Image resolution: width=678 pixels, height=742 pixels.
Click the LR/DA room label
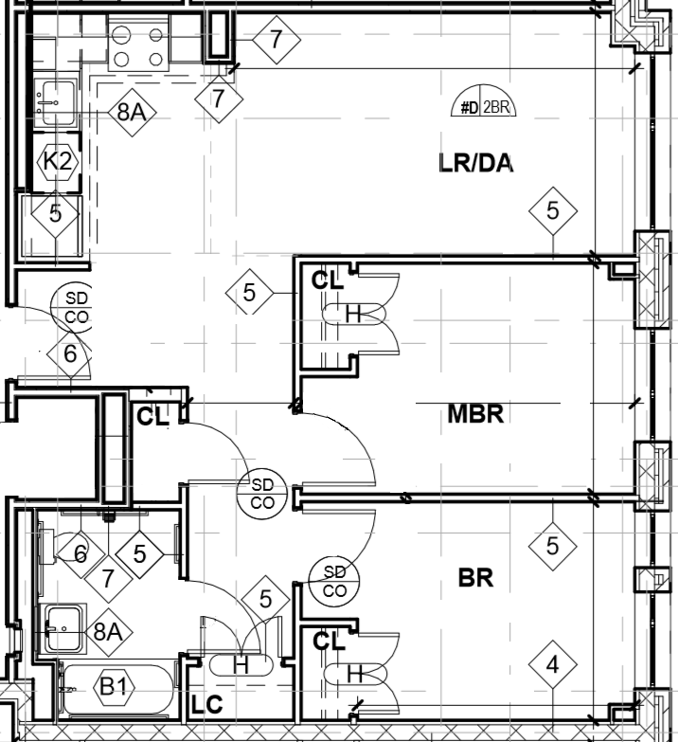point(476,163)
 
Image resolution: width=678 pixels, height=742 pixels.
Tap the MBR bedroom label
point(473,414)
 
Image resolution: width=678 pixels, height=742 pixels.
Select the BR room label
point(475,577)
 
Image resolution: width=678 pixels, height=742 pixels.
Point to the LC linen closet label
point(207,705)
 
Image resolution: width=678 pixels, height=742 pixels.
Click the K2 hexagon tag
point(56,161)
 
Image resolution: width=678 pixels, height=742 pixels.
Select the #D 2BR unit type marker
point(482,107)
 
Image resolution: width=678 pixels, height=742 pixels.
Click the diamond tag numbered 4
point(553,666)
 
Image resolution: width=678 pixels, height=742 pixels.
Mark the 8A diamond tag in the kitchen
point(131,112)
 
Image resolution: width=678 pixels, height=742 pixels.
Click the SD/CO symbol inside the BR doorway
point(335,580)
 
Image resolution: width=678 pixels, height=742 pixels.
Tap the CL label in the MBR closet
point(328,281)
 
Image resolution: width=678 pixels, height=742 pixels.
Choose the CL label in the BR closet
point(328,642)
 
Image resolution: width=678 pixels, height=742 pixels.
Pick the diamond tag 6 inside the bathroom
point(80,553)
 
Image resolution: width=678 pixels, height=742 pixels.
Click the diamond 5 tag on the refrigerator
point(55,213)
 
